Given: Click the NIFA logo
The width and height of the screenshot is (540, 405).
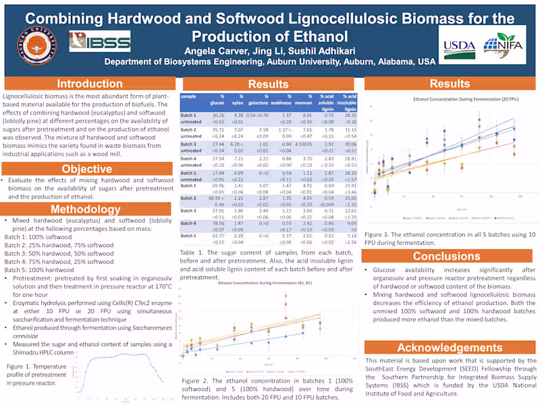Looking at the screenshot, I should [500, 46].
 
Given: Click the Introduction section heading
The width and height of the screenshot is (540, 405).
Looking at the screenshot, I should [89, 84].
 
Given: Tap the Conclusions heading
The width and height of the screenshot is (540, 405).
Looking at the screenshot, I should [446, 256].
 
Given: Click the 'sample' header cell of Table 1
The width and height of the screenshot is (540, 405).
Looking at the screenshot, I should [189, 97].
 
